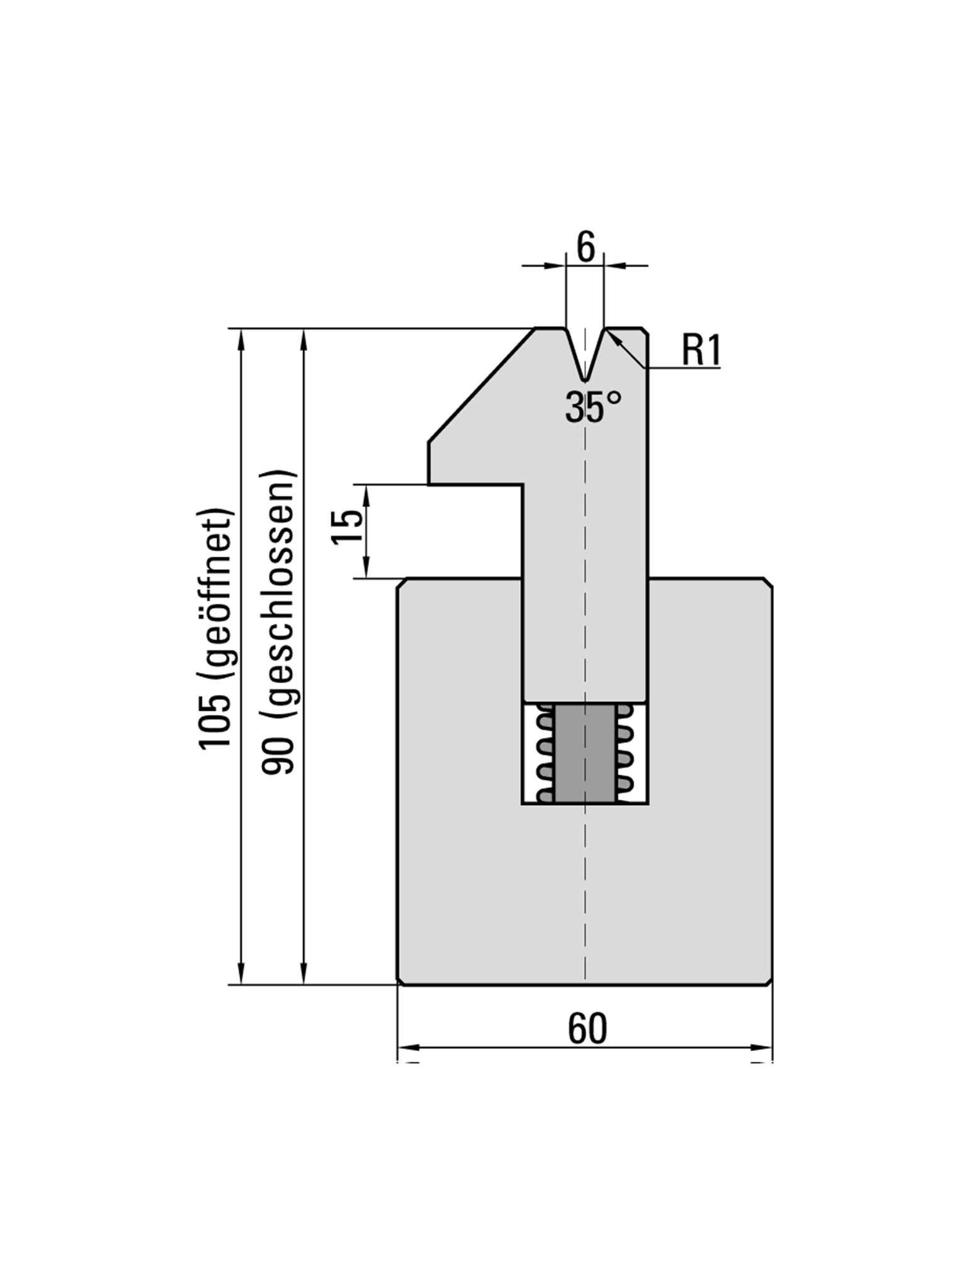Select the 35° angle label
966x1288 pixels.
[x=592, y=408]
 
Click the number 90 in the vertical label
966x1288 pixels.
[x=278, y=756]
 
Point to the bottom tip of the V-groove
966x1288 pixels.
[x=585, y=379]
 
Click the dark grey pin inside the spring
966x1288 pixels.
[x=585, y=753]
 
